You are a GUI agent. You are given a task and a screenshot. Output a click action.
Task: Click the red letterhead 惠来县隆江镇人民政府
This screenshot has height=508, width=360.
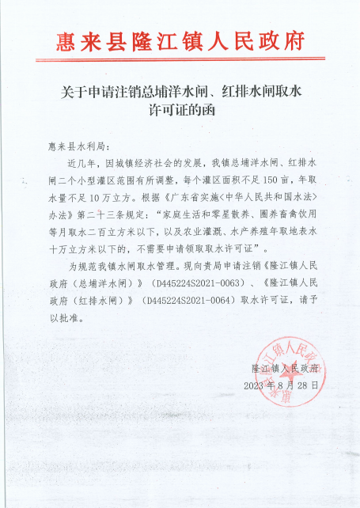[x=180, y=41]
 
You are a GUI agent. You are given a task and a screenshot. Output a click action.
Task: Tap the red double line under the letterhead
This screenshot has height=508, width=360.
[x=180, y=58]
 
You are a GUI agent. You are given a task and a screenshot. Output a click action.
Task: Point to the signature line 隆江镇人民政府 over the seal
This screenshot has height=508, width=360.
[x=283, y=370]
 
